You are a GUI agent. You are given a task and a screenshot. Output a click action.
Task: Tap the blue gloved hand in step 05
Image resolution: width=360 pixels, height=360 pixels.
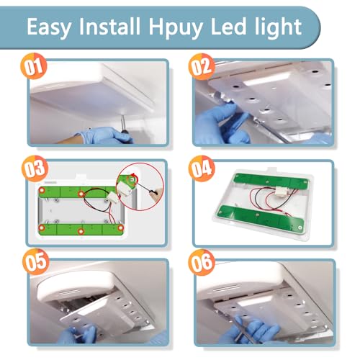click(79, 333)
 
